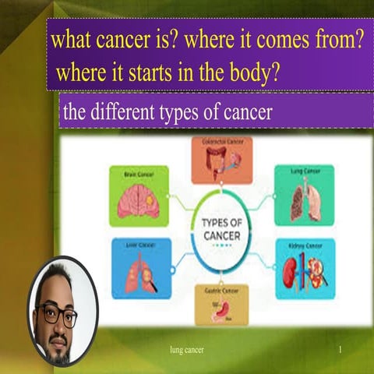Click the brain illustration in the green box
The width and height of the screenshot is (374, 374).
pos(138,201)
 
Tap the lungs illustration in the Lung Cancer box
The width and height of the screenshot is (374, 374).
pos(304,201)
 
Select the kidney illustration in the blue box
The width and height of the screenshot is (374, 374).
pos(304,273)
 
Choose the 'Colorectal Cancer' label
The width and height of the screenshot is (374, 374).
pos(222,143)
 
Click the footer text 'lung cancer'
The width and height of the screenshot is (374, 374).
pos(187,350)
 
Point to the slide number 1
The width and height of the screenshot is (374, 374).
pos(340,350)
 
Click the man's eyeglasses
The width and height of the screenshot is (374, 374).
pos(58,316)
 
